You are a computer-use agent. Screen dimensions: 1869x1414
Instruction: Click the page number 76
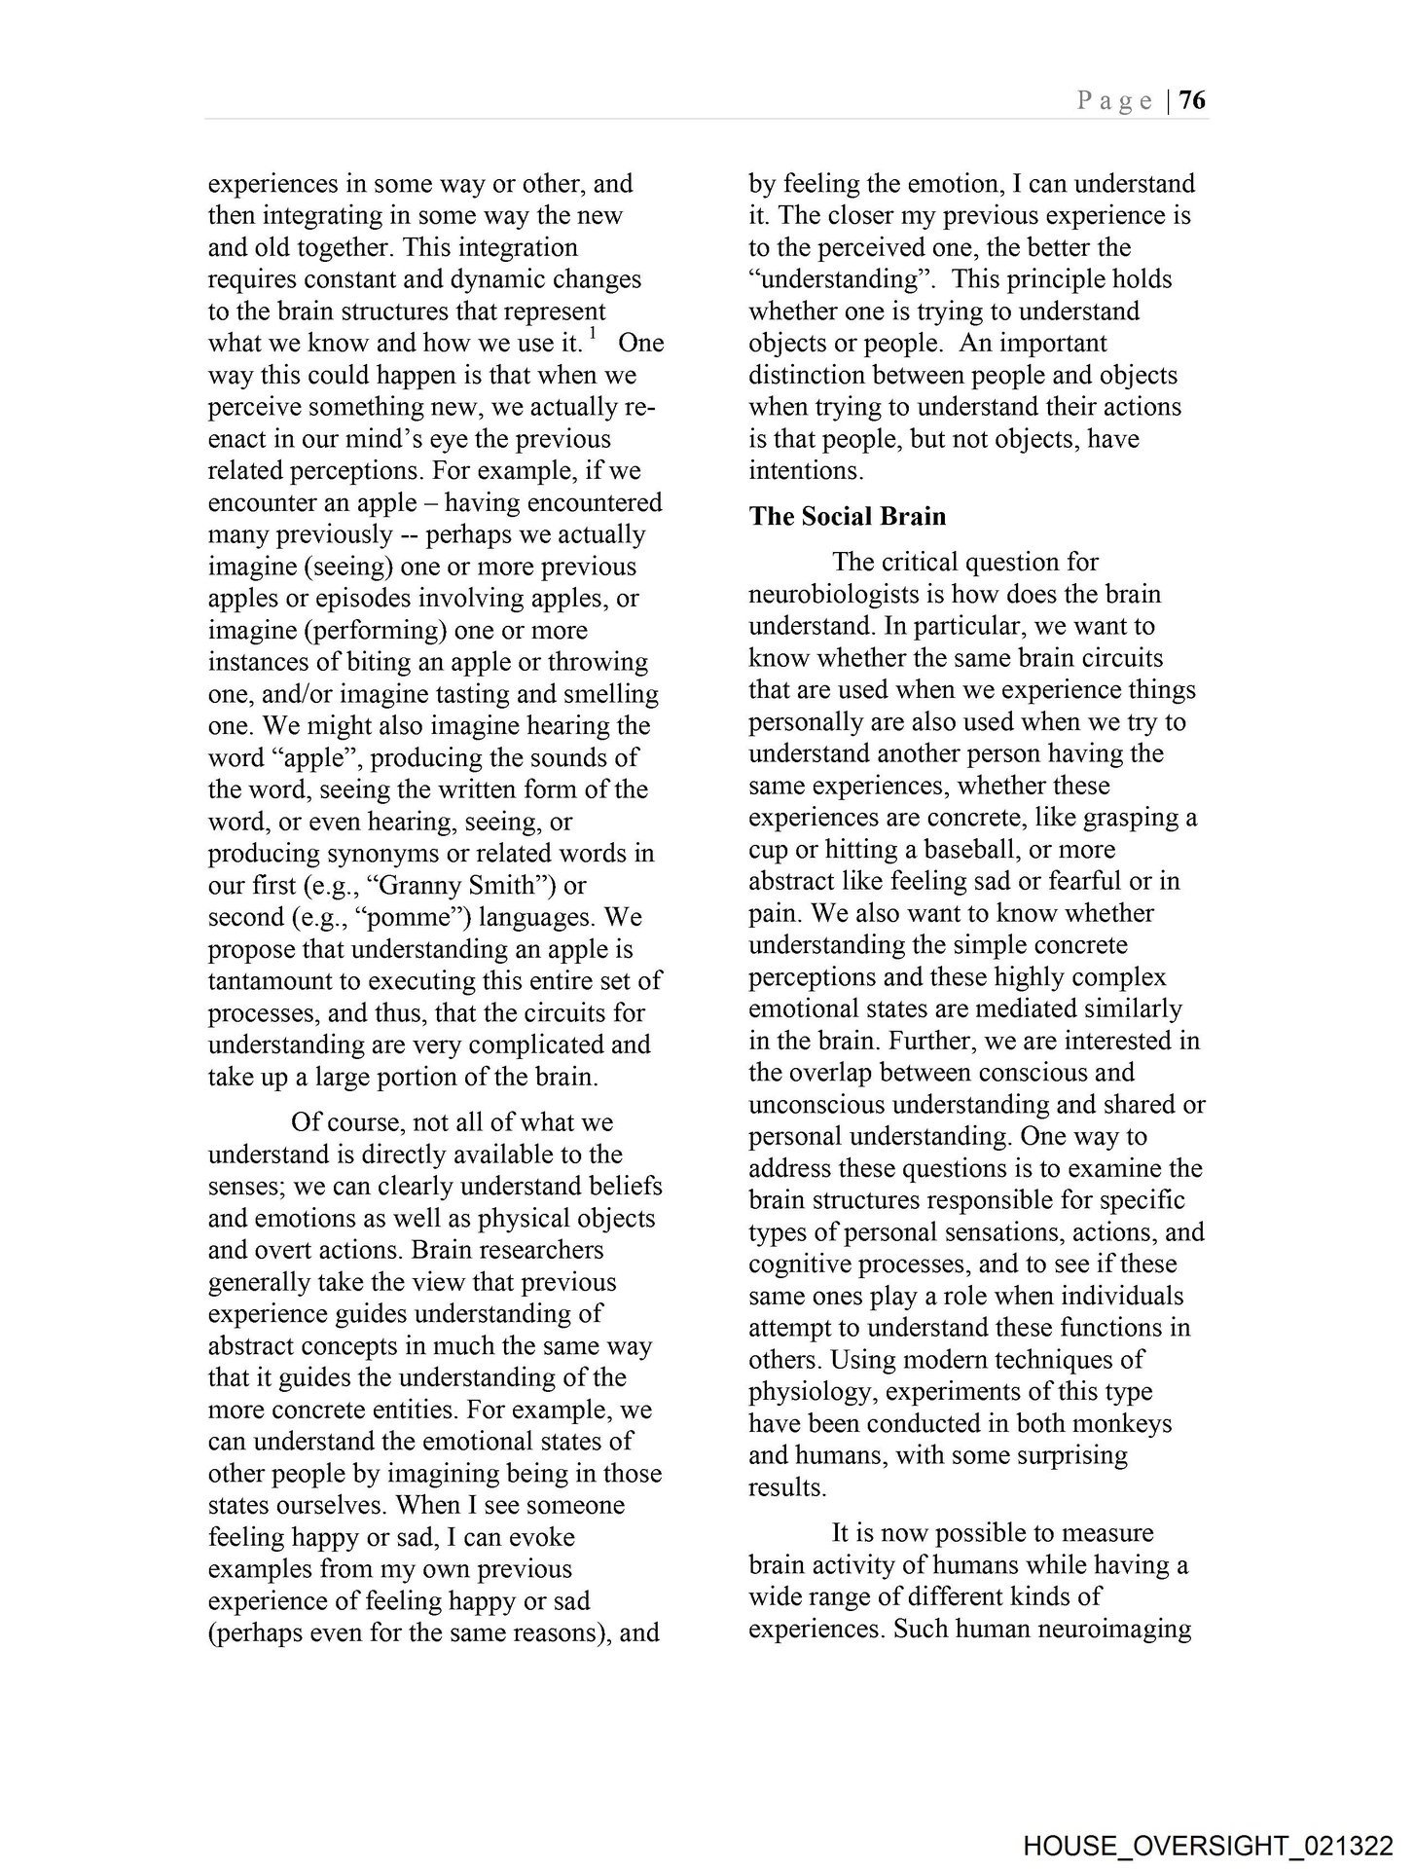(x=1192, y=100)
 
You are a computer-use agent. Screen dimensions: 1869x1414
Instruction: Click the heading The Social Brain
(x=847, y=516)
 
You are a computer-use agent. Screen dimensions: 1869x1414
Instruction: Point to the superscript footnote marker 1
(x=593, y=335)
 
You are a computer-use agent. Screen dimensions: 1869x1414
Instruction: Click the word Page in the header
(x=1115, y=101)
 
